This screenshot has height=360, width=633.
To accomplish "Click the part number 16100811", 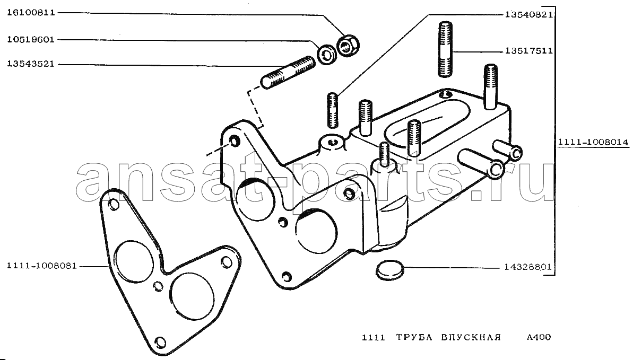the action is coord(31,13).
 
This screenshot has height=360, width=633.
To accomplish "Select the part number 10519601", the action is coord(31,40).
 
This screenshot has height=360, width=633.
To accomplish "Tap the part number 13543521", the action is coord(31,64).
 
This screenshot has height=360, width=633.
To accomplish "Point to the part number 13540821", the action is coord(528,15).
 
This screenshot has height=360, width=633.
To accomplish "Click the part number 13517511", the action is coord(528,51).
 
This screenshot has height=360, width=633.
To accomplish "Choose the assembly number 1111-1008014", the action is coord(593,142).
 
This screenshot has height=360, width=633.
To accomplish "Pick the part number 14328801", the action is coord(527,267).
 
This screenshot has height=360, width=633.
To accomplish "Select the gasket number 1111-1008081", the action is coord(41,266).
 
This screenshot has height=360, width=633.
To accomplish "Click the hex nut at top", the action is coord(349,45).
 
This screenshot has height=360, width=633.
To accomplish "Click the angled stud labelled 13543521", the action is coord(288,73).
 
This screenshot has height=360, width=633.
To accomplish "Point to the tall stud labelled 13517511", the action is coord(445,49).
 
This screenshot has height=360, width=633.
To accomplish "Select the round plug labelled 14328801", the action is coord(390,270).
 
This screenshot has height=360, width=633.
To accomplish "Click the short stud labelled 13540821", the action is coord(332,110).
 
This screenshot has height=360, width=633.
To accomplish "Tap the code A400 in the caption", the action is coord(539,337).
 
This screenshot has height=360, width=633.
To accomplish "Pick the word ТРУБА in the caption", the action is coord(414,337).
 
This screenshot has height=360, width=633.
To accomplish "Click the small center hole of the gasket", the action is coord(158,286).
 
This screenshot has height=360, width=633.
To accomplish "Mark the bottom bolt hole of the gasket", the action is coord(160,342).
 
